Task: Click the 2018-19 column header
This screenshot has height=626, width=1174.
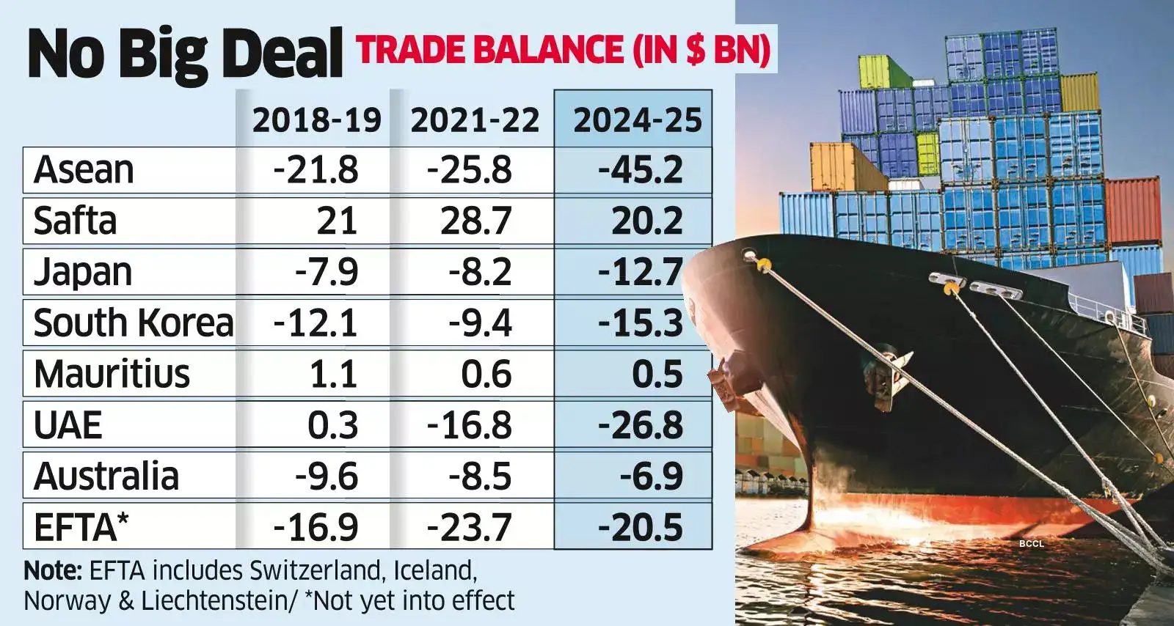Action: point(317,120)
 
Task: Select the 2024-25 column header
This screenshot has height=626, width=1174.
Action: point(637,120)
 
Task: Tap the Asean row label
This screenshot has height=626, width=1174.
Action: point(84,170)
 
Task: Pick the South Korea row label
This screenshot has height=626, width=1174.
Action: point(134,323)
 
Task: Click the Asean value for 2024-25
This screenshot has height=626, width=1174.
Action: point(640,170)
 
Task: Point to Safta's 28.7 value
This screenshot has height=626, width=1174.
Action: point(475,221)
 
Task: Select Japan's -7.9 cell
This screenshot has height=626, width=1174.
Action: point(327,272)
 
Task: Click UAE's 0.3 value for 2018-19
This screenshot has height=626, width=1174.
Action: point(332,425)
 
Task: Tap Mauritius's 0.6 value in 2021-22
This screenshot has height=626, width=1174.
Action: point(486,375)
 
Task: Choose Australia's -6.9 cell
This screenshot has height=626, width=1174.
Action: point(651,476)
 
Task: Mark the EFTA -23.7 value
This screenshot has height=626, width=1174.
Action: point(470,528)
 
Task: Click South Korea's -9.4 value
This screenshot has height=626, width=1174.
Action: point(481,323)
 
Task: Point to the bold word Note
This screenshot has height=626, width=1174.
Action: point(52,570)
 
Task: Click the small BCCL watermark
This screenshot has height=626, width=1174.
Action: point(1031,543)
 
